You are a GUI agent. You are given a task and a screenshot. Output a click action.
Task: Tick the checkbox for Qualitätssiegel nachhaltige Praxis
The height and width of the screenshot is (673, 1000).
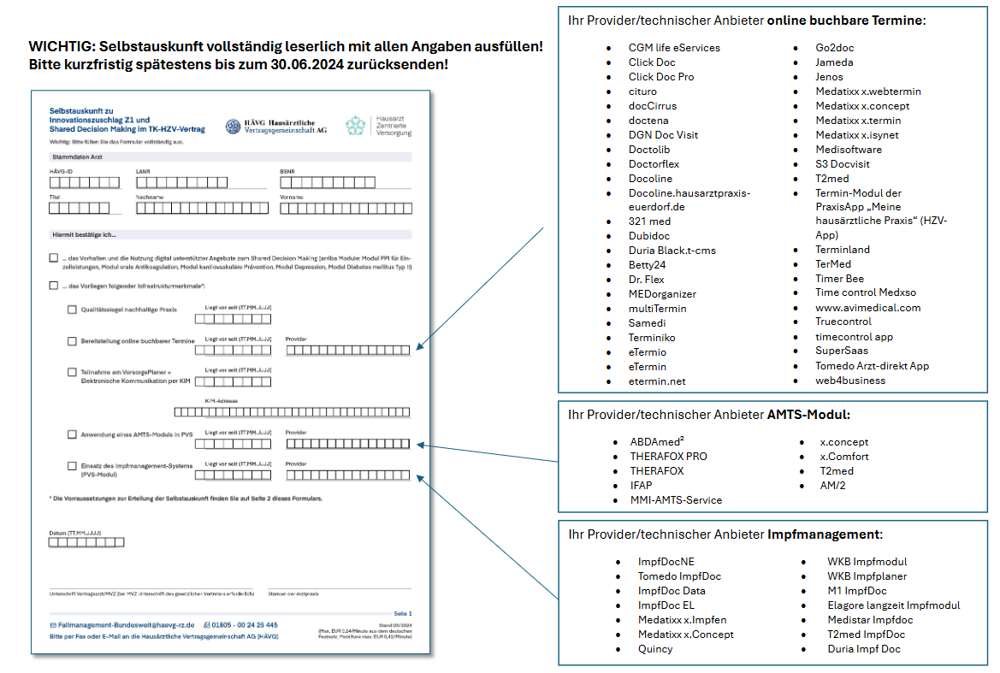72,310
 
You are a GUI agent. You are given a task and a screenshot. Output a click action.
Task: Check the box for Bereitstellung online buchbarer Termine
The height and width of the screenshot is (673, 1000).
72,341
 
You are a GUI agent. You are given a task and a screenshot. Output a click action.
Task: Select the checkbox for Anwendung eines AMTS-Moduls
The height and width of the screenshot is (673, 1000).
72,434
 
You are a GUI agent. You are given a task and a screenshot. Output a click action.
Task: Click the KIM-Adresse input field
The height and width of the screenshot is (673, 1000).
292,411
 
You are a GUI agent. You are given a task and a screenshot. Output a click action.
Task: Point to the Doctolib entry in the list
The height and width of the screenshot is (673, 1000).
649,150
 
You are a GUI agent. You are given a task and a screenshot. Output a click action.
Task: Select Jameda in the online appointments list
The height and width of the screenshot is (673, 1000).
834,62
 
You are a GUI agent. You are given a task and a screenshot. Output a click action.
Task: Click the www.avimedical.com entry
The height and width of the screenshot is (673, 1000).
867,307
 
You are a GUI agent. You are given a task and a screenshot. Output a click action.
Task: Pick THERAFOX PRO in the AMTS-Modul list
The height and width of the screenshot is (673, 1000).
668,457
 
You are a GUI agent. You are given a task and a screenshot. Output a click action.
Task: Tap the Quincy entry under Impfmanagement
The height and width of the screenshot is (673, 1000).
655,649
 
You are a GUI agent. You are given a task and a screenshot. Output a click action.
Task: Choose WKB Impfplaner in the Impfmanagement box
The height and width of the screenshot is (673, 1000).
867,576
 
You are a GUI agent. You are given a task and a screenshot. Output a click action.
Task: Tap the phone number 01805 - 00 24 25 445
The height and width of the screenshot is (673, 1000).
248,625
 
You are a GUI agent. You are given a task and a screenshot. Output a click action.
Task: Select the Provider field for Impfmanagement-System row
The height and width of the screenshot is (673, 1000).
347,475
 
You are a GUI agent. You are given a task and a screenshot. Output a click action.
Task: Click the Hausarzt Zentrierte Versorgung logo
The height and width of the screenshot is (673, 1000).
379,126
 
